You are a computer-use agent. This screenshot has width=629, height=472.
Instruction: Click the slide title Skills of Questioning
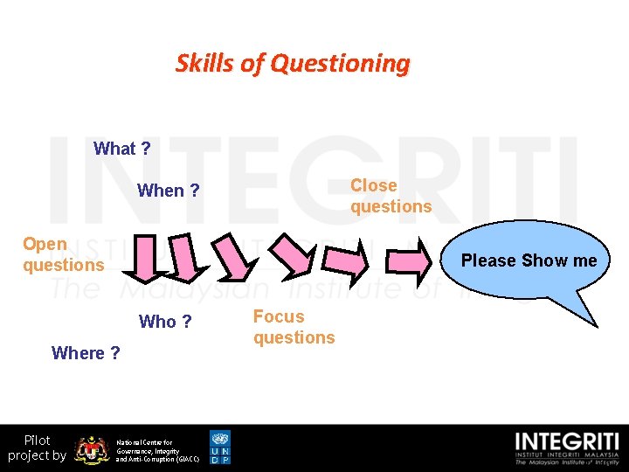[x=293, y=64]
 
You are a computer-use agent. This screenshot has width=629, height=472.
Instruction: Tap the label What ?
[x=121, y=149]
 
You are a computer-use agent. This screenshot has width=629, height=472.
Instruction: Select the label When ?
[x=169, y=191]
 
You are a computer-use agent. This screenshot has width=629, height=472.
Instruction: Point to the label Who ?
[x=165, y=322]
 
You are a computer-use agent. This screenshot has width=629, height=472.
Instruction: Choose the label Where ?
[x=86, y=353]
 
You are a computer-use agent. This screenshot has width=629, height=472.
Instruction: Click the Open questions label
[x=63, y=254]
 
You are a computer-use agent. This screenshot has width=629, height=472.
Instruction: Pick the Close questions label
[x=391, y=196]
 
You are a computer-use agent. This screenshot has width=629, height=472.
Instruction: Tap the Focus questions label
[x=294, y=327]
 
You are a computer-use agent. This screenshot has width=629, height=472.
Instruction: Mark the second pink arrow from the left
[x=184, y=257]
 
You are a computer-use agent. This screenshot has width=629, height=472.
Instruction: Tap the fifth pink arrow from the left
[x=347, y=259]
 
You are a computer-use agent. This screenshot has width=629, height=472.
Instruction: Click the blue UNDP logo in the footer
[x=220, y=447]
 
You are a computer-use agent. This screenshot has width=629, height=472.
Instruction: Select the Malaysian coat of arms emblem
[x=91, y=449]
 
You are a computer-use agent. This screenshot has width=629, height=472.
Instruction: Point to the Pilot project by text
[x=37, y=448]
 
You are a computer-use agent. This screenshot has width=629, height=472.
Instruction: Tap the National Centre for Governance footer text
[x=157, y=450]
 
